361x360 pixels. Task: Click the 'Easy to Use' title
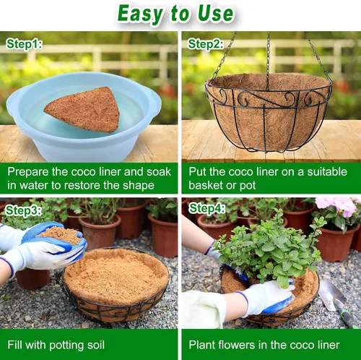pyautogui.click(x=175, y=14)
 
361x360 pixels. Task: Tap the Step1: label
pyautogui.click(x=24, y=44)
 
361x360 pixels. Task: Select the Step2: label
pyautogui.click(x=206, y=44)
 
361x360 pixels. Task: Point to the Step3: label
pyautogui.click(x=23, y=210)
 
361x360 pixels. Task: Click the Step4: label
pyautogui.click(x=207, y=208)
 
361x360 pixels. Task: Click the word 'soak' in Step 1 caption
pyautogui.click(x=159, y=172)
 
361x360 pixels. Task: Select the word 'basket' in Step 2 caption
pyautogui.click(x=205, y=185)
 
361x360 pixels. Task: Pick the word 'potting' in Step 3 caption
pyautogui.click(x=66, y=345)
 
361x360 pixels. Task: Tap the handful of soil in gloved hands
pyautogui.click(x=60, y=234)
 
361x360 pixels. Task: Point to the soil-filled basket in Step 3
pyautogui.click(x=115, y=284)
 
